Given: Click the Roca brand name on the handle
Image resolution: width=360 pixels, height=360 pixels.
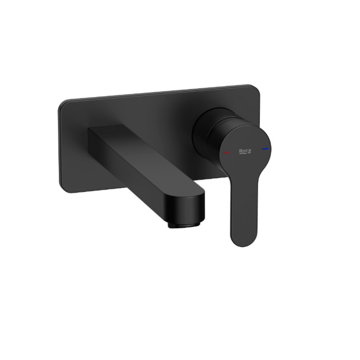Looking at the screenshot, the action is coord(245,151).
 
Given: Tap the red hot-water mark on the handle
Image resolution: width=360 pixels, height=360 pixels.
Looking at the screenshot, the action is coord(226,153).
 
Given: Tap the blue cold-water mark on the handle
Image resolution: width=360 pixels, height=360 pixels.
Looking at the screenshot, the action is coord(265,149).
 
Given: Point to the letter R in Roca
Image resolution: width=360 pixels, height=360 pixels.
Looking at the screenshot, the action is coord(241,151).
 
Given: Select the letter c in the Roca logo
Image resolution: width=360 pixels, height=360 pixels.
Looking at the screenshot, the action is coord(247,151).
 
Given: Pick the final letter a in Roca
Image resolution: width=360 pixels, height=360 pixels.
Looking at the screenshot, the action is coord(250,151).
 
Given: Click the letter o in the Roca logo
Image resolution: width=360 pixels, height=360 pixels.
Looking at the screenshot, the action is coord(244,151).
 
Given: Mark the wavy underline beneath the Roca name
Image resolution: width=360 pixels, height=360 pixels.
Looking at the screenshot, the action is coord(245,154).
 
